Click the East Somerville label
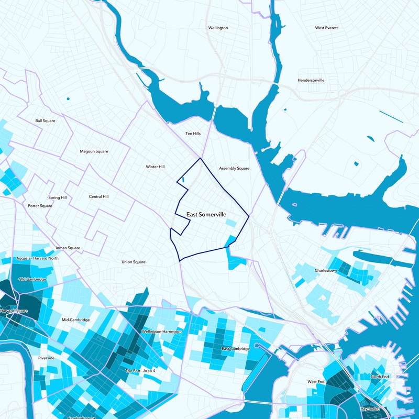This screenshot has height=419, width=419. click(206, 215)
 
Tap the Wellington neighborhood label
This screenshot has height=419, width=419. click(218, 28)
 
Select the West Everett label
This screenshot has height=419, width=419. click(326, 28)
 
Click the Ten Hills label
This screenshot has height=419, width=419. click(193, 134)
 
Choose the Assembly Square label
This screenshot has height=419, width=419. click(234, 169)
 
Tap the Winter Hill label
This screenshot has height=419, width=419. click(155, 167)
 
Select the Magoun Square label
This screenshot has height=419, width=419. click(94, 151)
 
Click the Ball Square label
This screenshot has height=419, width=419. click(45, 120)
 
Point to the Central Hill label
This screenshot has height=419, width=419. click(98, 197)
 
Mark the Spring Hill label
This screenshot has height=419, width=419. click(57, 198)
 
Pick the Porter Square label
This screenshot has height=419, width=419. click(40, 206)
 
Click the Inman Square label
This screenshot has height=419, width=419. click(68, 248)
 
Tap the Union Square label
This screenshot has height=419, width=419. click(134, 262)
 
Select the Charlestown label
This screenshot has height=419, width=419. click(325, 271)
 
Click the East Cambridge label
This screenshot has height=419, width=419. click(233, 348)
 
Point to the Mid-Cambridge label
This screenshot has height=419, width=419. click(76, 320)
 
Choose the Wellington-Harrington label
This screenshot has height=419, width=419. click(162, 332)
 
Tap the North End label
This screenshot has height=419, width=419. click(380, 377)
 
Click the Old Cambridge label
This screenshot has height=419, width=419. click(32, 279)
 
